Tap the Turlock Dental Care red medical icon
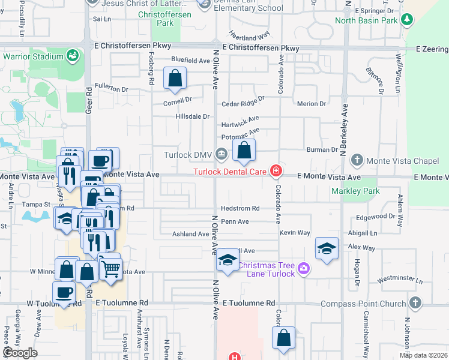pos(276,172)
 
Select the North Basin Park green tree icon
pos(408,20)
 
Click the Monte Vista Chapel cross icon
pos(357,160)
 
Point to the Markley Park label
pos(356,191)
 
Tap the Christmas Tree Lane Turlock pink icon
pos(304,267)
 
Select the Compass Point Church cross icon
pos(415,303)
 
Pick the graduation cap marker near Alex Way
pos(326,249)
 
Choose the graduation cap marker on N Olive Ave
pos(228,260)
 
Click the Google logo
pos(20,352)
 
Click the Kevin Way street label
pos(295,232)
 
